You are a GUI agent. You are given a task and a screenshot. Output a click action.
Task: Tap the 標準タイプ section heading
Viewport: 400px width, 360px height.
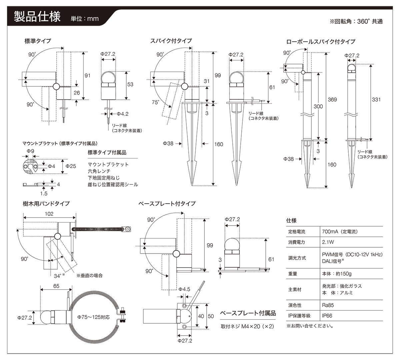click(38, 41)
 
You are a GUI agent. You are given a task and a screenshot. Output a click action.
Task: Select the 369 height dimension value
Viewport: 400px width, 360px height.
click(332, 99)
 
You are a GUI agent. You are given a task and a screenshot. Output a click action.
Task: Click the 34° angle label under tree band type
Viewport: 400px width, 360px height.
click(58, 276)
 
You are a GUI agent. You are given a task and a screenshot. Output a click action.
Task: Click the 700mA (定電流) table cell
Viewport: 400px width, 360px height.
click(340, 232)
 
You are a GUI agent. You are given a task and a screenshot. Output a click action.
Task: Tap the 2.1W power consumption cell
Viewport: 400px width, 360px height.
click(328, 242)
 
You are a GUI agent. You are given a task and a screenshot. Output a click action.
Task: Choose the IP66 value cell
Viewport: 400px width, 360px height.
click(327, 315)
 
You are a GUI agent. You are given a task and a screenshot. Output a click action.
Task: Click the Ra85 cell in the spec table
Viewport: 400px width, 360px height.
click(328, 305)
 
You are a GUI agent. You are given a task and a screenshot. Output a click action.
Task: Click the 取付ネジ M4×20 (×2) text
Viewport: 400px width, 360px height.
click(247, 326)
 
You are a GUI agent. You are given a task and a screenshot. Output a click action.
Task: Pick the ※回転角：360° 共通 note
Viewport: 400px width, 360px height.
click(356, 21)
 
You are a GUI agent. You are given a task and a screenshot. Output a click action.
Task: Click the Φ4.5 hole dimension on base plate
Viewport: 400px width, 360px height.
click(184, 289)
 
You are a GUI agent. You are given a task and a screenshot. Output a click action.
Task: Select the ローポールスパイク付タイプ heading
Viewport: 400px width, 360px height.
click(321, 42)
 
